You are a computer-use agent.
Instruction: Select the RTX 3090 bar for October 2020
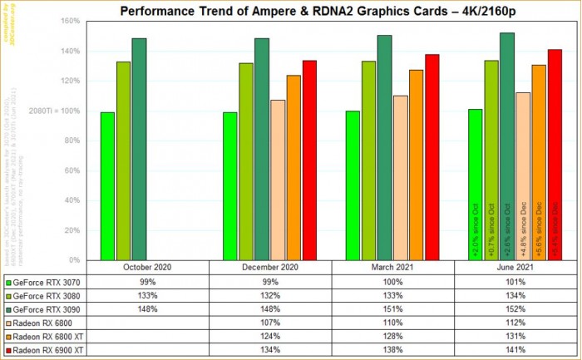coord(139,149)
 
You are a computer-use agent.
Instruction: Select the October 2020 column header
coord(146,268)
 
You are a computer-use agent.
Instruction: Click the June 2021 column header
coord(515,268)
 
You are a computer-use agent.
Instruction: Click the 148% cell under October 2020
coord(146,308)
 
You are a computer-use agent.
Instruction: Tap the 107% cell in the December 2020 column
coord(270,322)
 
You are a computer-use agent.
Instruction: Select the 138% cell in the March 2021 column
coord(392,350)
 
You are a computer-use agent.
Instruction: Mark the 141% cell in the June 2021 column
coord(515,350)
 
